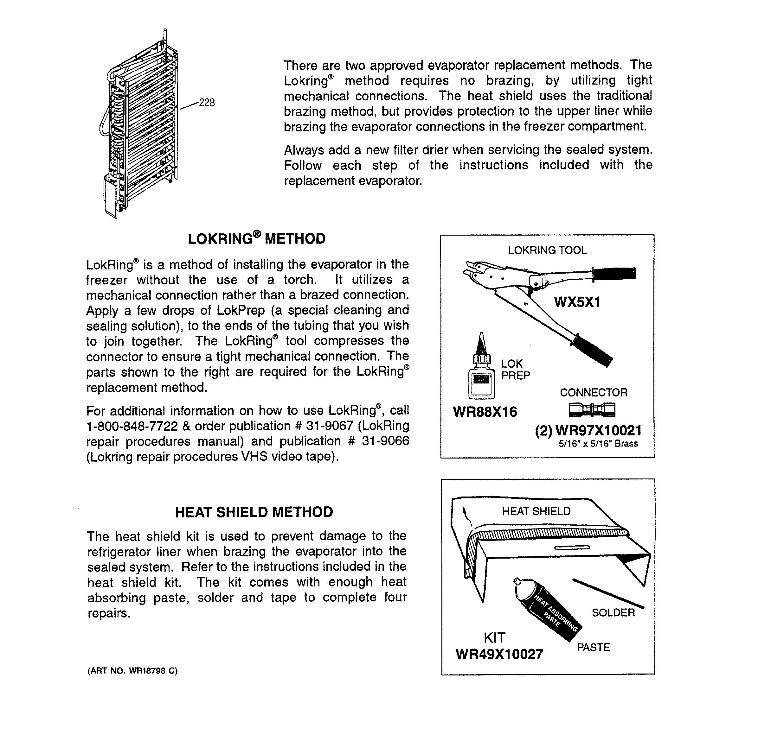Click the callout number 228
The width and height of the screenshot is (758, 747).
[x=207, y=103]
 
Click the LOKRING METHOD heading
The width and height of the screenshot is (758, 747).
[x=257, y=239]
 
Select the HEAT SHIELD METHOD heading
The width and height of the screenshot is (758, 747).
[x=254, y=512]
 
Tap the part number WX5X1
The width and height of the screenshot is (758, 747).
[x=577, y=302]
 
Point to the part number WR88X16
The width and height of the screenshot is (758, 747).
[x=485, y=412]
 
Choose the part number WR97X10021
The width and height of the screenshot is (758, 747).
[x=598, y=431]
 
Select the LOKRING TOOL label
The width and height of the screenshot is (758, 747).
[x=547, y=250]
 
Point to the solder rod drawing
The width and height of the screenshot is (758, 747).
[x=608, y=592]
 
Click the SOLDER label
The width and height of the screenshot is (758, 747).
[x=613, y=612]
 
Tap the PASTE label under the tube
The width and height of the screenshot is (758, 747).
[x=593, y=647]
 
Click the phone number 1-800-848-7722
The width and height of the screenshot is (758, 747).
[x=132, y=426]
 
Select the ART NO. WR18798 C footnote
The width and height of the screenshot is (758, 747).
[x=132, y=671]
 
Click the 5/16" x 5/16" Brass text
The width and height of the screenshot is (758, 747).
[x=598, y=444]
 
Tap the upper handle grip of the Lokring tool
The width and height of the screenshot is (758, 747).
[x=614, y=273]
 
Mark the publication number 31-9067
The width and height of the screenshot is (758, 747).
[x=330, y=426]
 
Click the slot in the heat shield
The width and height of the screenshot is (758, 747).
[x=572, y=548]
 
